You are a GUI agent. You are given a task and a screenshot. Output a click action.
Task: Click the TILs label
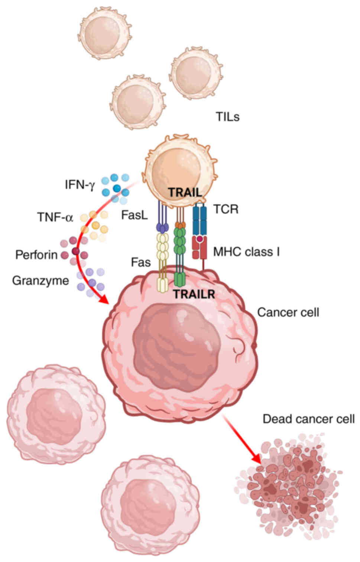point(227,117)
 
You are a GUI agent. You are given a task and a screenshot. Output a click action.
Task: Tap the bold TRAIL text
point(185,193)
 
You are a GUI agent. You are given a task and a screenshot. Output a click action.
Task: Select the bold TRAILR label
point(194,294)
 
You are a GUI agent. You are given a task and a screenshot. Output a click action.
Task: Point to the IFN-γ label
point(80,184)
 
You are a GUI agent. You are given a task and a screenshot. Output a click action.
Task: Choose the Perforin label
point(36,255)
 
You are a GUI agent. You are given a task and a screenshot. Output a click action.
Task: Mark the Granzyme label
point(40,280)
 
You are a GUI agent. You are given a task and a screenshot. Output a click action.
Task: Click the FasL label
point(134,215)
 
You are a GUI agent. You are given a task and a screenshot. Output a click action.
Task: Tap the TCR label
point(226,209)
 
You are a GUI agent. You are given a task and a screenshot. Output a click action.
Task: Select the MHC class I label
point(246,252)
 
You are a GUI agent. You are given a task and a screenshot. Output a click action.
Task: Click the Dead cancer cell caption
point(308,419)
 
